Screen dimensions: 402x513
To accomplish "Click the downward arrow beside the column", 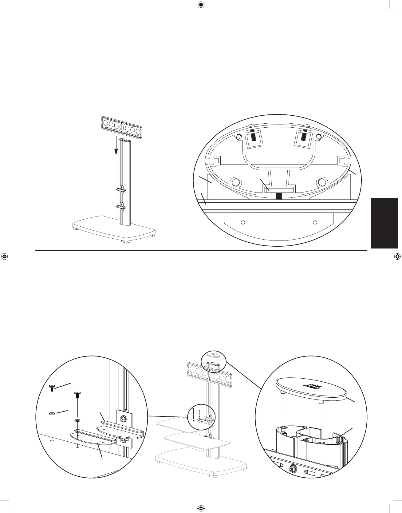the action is click(x=116, y=147).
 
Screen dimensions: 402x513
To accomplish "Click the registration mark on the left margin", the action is click(x=4, y=256).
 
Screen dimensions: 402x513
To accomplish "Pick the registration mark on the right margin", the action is click(x=397, y=256).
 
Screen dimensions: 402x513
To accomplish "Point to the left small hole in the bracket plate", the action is click(x=243, y=222).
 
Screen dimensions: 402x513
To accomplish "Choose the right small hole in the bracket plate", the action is click(x=315, y=222).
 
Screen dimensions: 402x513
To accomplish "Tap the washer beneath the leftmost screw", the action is click(x=52, y=413).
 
